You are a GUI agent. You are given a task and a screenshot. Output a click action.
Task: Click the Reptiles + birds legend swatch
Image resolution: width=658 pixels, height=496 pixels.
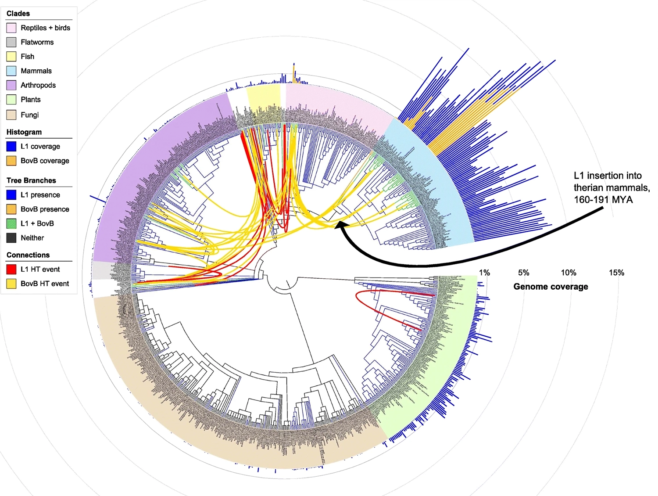pos(11,28)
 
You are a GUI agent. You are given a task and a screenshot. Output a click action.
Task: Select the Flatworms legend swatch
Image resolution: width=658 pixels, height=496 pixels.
pos(11,43)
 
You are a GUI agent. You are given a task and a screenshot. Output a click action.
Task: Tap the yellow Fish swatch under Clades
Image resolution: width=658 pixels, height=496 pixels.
pos(11,57)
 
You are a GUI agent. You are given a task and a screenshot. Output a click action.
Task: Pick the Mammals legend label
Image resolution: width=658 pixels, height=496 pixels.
pos(36,71)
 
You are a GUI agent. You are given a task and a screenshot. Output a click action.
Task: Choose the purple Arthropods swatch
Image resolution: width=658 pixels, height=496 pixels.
pos(11,85)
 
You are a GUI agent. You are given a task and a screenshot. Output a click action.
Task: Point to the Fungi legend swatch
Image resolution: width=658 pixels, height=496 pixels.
pos(11,115)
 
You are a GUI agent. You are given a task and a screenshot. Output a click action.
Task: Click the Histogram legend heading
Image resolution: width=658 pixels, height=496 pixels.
pos(24,132)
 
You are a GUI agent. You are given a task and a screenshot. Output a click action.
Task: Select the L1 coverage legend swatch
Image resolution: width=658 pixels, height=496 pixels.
pos(11,147)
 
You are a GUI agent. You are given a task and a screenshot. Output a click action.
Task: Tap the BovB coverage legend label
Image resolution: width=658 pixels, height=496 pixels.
pos(45,161)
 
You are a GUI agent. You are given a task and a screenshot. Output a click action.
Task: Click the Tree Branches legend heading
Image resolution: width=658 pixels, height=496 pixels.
pos(31,180)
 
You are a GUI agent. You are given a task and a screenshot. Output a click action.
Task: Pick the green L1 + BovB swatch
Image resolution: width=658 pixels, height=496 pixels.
pos(11,223)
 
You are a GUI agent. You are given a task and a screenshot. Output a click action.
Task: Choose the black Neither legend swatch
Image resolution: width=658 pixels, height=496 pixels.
pos(11,238)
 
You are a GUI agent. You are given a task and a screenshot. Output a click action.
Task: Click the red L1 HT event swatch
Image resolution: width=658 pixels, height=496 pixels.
pos(11,270)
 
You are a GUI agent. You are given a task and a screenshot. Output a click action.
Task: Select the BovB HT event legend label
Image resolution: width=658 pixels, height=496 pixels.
pos(45,284)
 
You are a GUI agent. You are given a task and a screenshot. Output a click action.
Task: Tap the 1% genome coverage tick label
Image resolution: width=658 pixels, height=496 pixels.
pos(484,273)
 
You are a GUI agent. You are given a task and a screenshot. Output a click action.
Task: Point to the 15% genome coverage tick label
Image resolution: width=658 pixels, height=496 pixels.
pos(616,273)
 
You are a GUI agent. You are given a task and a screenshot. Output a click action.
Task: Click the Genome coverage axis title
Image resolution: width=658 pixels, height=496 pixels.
pos(551,287)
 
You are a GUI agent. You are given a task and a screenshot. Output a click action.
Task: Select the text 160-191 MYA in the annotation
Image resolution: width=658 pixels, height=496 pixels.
pos(603,200)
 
